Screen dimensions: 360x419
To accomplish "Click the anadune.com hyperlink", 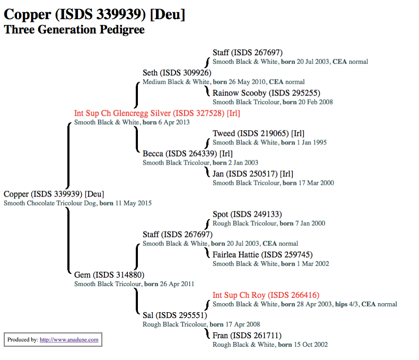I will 69,340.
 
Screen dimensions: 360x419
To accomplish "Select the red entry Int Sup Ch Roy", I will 266,295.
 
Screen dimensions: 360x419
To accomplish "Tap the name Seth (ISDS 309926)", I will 177,73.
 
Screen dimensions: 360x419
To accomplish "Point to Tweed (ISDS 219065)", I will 258,133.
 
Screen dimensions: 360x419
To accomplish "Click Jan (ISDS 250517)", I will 252,174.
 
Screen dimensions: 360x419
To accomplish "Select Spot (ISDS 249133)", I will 247,215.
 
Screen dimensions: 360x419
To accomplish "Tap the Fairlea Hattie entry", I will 263,255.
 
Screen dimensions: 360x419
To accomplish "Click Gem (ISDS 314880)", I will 109,275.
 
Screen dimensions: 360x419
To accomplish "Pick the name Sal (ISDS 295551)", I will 174,315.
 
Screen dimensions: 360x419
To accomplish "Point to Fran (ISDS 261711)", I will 247,336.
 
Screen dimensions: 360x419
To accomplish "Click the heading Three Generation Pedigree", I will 74,30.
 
